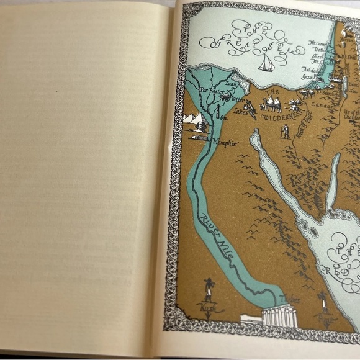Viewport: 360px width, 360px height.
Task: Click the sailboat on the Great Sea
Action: point(267,63)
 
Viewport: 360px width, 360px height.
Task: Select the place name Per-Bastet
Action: point(211,91)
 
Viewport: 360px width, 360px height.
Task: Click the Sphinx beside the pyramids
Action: point(202,127)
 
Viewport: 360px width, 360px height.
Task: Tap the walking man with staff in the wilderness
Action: point(285,131)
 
